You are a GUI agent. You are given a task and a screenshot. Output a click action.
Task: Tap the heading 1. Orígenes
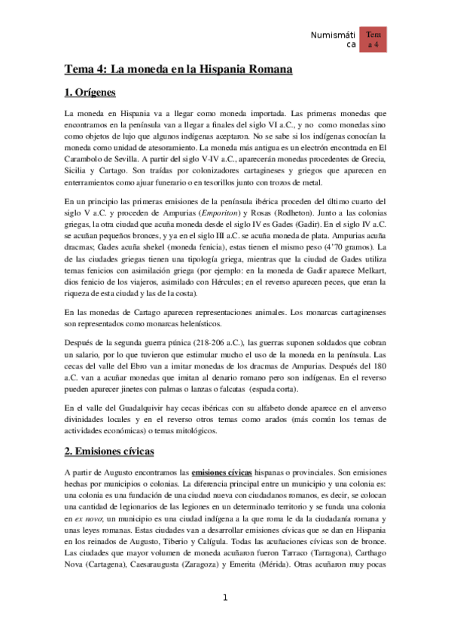(x=90, y=93)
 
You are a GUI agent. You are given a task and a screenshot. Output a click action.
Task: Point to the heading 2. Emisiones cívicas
(x=109, y=451)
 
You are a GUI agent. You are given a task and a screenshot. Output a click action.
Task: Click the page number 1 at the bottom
(x=224, y=598)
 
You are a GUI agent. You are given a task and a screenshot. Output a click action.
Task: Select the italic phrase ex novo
(x=81, y=519)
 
